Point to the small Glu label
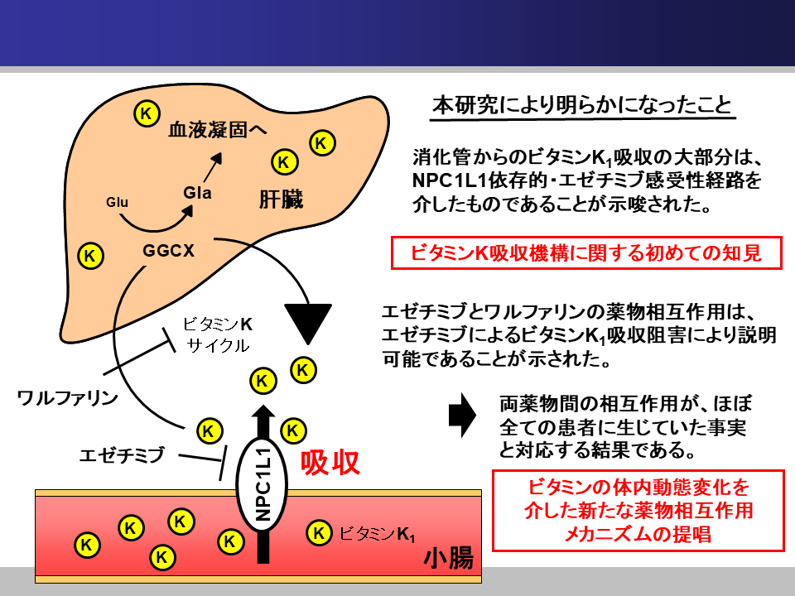(x=118, y=202)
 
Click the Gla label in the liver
(x=198, y=193)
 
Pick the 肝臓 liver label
(x=281, y=199)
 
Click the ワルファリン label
(x=68, y=398)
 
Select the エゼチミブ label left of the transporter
(x=122, y=453)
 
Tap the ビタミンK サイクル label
(x=216, y=334)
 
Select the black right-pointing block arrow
(x=460, y=415)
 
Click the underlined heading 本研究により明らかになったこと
(x=582, y=106)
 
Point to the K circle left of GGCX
(x=90, y=255)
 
